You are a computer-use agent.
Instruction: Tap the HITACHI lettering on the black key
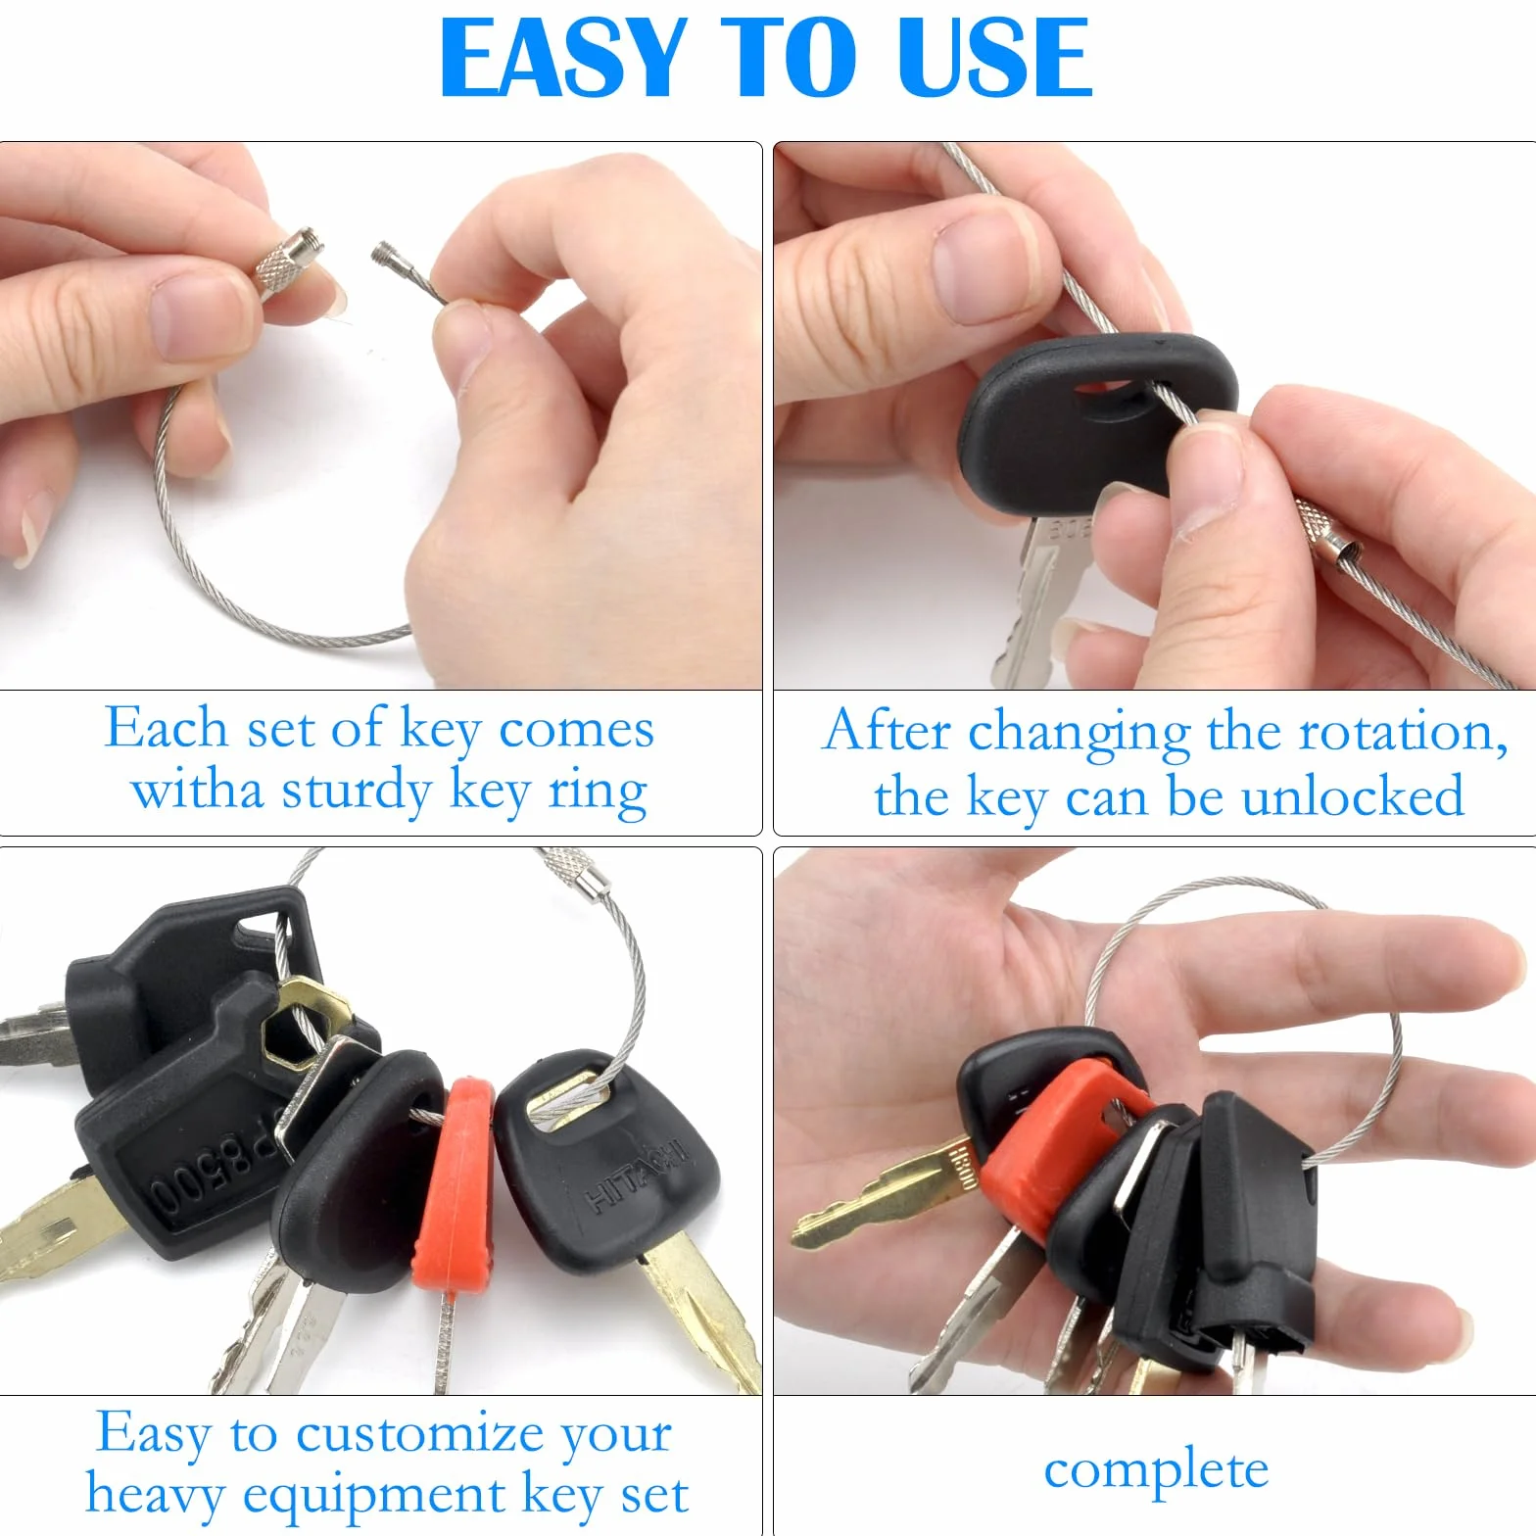(x=637, y=1173)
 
